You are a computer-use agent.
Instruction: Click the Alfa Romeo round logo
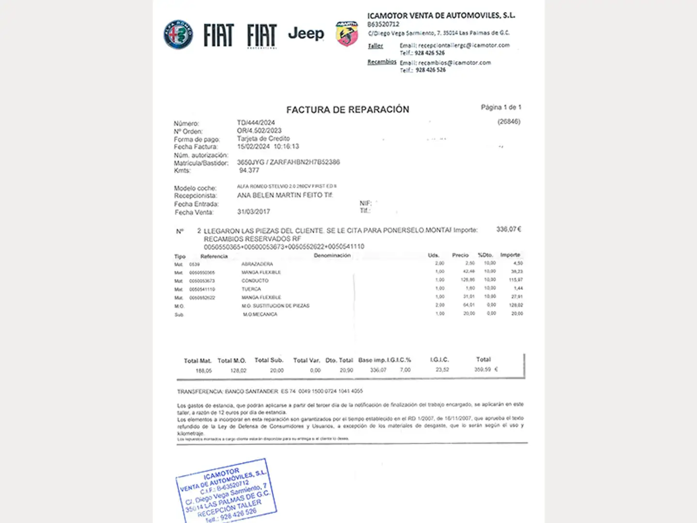pos(178,35)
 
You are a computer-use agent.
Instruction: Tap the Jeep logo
pos(306,34)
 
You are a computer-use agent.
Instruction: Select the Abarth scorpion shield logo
pos(347,34)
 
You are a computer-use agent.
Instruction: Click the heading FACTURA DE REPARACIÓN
pos(348,110)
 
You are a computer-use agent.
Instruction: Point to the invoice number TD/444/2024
pos(256,123)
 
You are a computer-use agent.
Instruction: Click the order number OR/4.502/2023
pos(259,131)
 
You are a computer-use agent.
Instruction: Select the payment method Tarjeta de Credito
pos(263,138)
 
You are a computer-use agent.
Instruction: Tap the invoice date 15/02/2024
pos(253,146)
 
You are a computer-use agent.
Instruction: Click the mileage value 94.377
pos(249,170)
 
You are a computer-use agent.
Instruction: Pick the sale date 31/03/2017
pos(253,212)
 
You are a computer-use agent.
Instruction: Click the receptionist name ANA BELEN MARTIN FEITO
pos(279,195)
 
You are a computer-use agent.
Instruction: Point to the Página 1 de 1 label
pos(500,107)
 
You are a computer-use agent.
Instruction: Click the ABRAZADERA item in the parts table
pos(257,264)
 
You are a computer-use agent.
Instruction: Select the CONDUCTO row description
pos(255,281)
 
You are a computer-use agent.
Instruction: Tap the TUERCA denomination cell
pos(251,289)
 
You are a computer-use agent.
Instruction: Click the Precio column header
pos(460,255)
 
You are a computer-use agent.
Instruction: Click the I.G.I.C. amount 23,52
pos(442,369)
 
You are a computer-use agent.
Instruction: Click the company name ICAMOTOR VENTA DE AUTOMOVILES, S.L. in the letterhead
pos(441,15)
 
